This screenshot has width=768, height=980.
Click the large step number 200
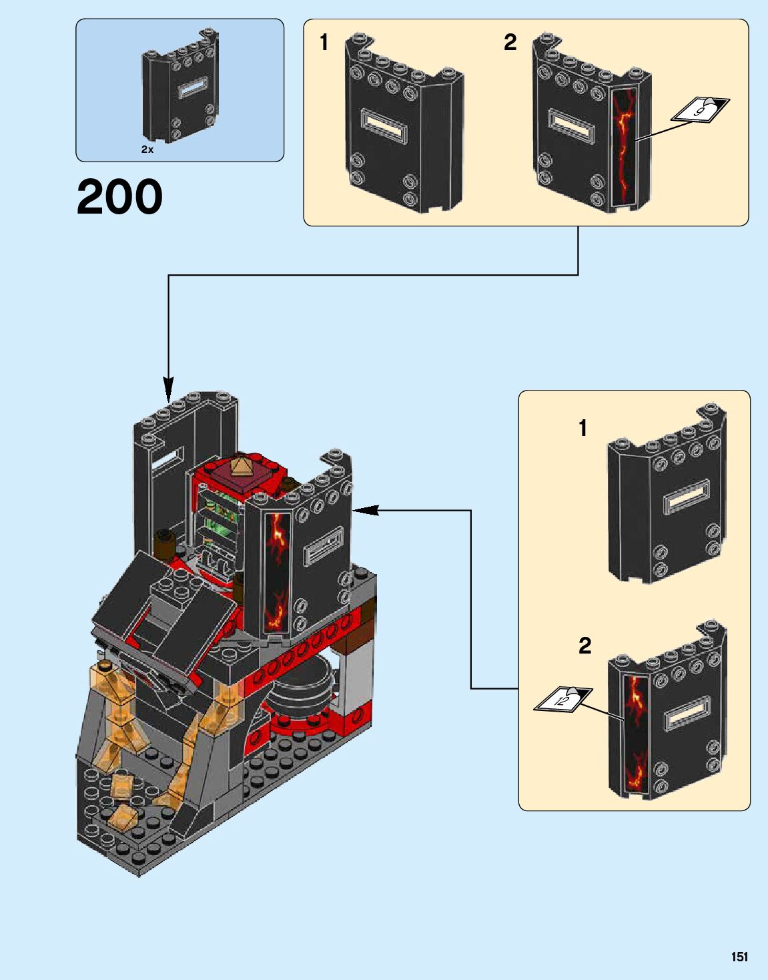coord(119,197)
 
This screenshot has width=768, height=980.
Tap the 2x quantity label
coord(147,150)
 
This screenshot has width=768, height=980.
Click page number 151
coord(739,957)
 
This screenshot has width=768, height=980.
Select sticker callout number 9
coord(701,108)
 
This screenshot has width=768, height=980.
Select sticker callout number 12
coord(562,699)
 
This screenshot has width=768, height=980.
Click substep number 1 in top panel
coord(324,43)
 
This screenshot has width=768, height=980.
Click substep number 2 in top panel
coord(510,43)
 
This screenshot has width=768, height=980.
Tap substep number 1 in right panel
coord(583,428)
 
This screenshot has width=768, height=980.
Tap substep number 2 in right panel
coord(585,646)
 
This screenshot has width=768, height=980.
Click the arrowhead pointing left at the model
coord(364,511)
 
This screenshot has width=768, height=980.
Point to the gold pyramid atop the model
coord(241,465)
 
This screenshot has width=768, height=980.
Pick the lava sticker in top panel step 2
coord(624,146)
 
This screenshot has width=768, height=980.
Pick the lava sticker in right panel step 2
coord(636,734)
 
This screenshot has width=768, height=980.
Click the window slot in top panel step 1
coord(383,125)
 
